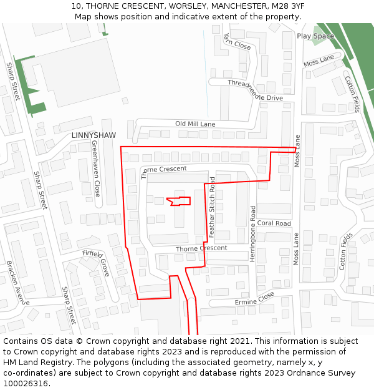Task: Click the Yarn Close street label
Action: point(237,42)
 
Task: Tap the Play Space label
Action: point(315,36)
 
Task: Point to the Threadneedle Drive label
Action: point(255,90)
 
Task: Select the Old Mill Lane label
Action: point(195,124)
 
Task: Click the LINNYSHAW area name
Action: point(93,135)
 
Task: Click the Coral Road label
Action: point(274,223)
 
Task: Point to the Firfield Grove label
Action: point(97,262)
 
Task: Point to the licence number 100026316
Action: point(27,384)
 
